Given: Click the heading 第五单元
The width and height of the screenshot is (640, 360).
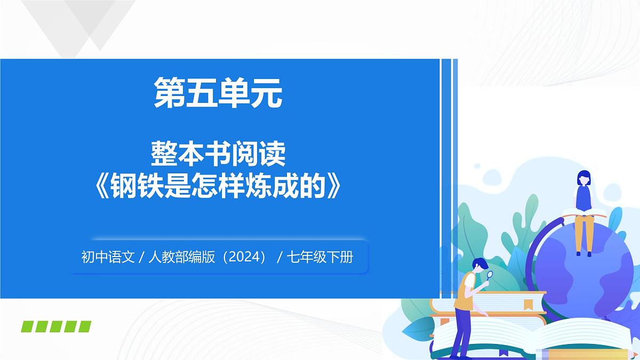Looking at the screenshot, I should point(218,92).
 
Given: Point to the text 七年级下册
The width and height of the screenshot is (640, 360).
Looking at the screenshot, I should point(319,258).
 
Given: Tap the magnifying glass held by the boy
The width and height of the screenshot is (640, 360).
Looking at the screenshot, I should point(490,276).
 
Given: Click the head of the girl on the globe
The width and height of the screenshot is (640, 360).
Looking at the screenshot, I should point(584,178).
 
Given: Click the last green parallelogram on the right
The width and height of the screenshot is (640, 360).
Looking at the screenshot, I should point(84,326).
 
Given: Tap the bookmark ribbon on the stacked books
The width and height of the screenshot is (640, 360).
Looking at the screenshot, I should point(528,304).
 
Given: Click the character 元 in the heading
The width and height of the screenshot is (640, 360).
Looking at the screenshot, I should point(266,92).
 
